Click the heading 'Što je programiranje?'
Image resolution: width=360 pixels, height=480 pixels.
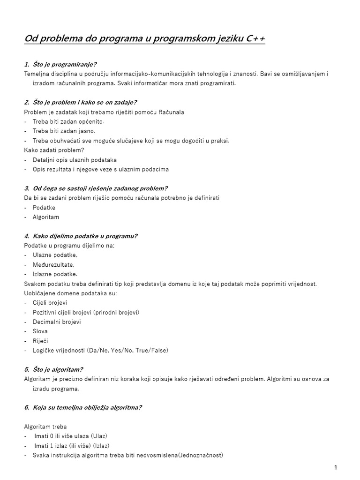65,64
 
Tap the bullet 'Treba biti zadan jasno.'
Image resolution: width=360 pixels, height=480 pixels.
64,131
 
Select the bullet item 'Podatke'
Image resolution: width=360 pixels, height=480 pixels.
44,208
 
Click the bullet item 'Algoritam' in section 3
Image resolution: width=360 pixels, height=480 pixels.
46,217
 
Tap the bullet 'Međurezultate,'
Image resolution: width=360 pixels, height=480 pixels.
53,265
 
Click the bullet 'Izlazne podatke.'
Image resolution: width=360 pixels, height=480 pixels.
55,274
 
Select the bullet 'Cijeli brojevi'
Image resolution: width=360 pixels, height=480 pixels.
50,303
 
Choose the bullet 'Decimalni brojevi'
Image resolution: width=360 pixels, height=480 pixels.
57,322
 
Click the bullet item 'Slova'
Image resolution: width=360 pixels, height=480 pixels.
40,331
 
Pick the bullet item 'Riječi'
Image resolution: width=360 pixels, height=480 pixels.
40,341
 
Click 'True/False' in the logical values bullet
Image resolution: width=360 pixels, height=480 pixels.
151,351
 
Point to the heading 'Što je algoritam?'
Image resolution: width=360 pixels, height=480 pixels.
58,369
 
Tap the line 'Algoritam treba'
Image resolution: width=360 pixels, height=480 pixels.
45,427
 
